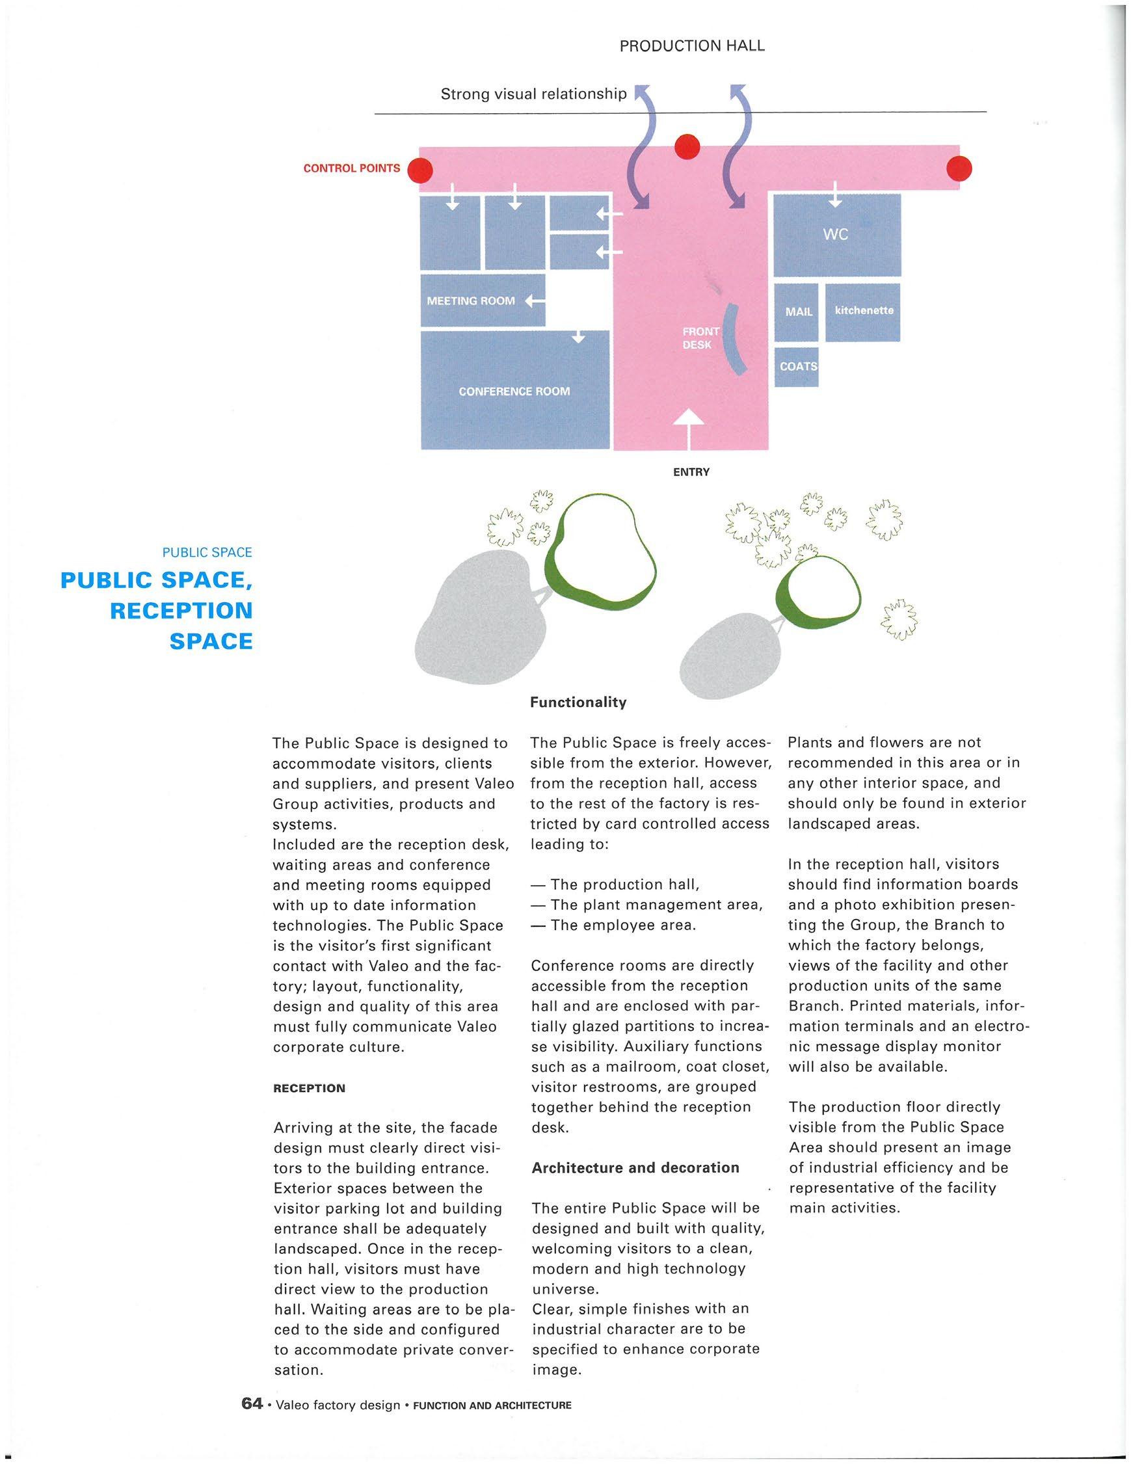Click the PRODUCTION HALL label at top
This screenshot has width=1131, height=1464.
[x=691, y=46]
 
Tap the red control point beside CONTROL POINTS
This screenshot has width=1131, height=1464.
[x=421, y=170]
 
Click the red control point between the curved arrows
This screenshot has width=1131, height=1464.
[x=687, y=148]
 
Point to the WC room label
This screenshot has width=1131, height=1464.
[x=835, y=234]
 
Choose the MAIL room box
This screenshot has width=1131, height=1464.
[x=797, y=312]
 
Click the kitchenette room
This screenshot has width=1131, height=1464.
[x=863, y=312]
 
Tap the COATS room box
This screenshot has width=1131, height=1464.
[x=797, y=367]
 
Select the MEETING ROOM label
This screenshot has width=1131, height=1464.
[x=471, y=301]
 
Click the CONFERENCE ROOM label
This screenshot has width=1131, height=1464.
[x=514, y=391]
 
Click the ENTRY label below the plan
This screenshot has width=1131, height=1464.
[x=691, y=472]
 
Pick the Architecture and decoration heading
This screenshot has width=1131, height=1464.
[x=635, y=1167]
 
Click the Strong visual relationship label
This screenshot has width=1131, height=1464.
[x=533, y=94]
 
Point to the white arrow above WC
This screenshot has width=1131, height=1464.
[x=835, y=195]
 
